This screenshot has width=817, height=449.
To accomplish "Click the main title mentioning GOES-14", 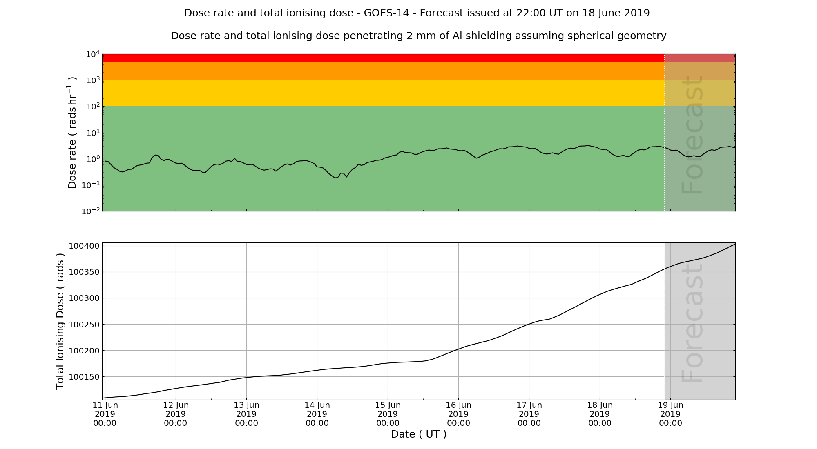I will [417, 13].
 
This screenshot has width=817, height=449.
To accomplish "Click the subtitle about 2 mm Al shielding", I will [418, 36].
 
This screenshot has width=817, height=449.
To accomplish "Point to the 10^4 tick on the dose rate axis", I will [93, 54].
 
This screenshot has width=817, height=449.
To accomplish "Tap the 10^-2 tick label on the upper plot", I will [91, 211].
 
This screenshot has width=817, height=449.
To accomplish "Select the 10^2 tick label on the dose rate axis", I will [93, 107].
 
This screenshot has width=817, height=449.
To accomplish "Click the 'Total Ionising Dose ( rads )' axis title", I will [60, 321].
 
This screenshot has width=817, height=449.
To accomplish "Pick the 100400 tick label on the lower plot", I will [84, 246].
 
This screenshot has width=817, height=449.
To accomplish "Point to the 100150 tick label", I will [84, 377].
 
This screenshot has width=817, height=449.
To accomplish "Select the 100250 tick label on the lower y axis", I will [84, 325].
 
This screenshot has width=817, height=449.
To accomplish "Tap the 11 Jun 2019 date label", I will [105, 414].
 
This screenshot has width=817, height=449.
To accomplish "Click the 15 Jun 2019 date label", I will [388, 414].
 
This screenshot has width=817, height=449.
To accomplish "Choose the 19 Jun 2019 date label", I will [670, 414].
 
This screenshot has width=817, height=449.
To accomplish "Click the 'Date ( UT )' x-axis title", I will [418, 434].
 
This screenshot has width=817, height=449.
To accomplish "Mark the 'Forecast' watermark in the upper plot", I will [693, 135].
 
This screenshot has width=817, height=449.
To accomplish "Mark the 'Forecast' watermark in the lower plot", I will [693, 322].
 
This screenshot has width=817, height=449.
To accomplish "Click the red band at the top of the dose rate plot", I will [368, 58].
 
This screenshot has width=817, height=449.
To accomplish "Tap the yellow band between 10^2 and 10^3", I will [368, 93].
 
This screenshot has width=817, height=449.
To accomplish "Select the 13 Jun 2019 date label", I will [246, 414].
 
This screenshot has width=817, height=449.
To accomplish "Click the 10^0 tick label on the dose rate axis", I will [93, 159].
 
